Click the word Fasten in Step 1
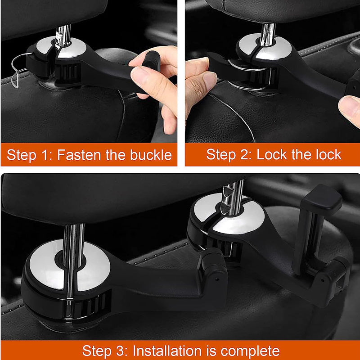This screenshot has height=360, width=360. click(x=79, y=155)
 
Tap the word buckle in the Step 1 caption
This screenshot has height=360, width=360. click(x=151, y=155)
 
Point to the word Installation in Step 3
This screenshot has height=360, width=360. click(x=167, y=351)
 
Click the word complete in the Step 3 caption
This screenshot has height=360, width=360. click(x=250, y=351)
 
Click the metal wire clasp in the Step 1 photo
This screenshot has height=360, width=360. click(x=19, y=69)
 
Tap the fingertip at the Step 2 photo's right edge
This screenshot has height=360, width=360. click(x=350, y=110)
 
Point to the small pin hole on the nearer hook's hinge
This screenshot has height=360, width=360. click(x=216, y=279)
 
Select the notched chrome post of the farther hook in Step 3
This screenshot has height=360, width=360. click(x=232, y=198)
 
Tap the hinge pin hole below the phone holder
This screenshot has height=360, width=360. click(x=323, y=280)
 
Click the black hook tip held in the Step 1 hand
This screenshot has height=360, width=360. click(x=152, y=60)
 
